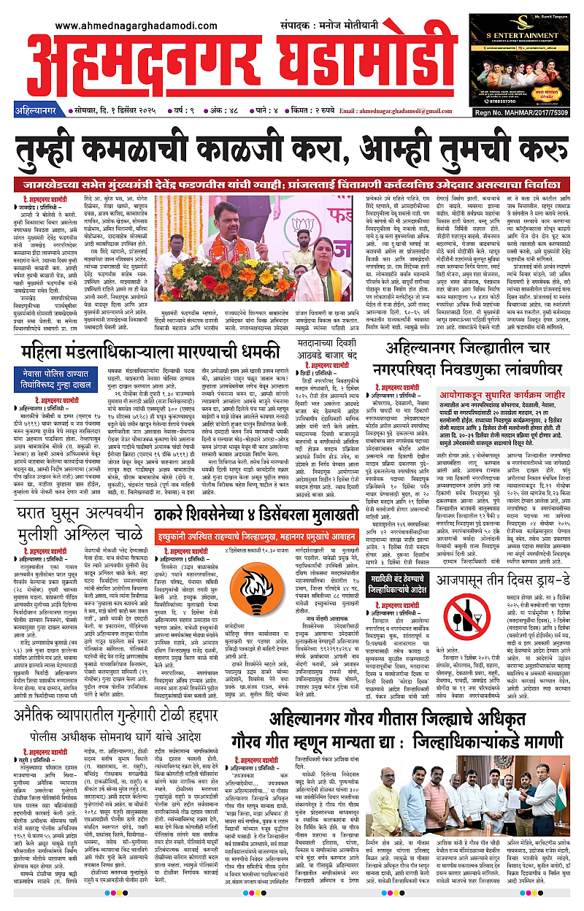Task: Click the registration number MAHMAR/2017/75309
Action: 534,112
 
